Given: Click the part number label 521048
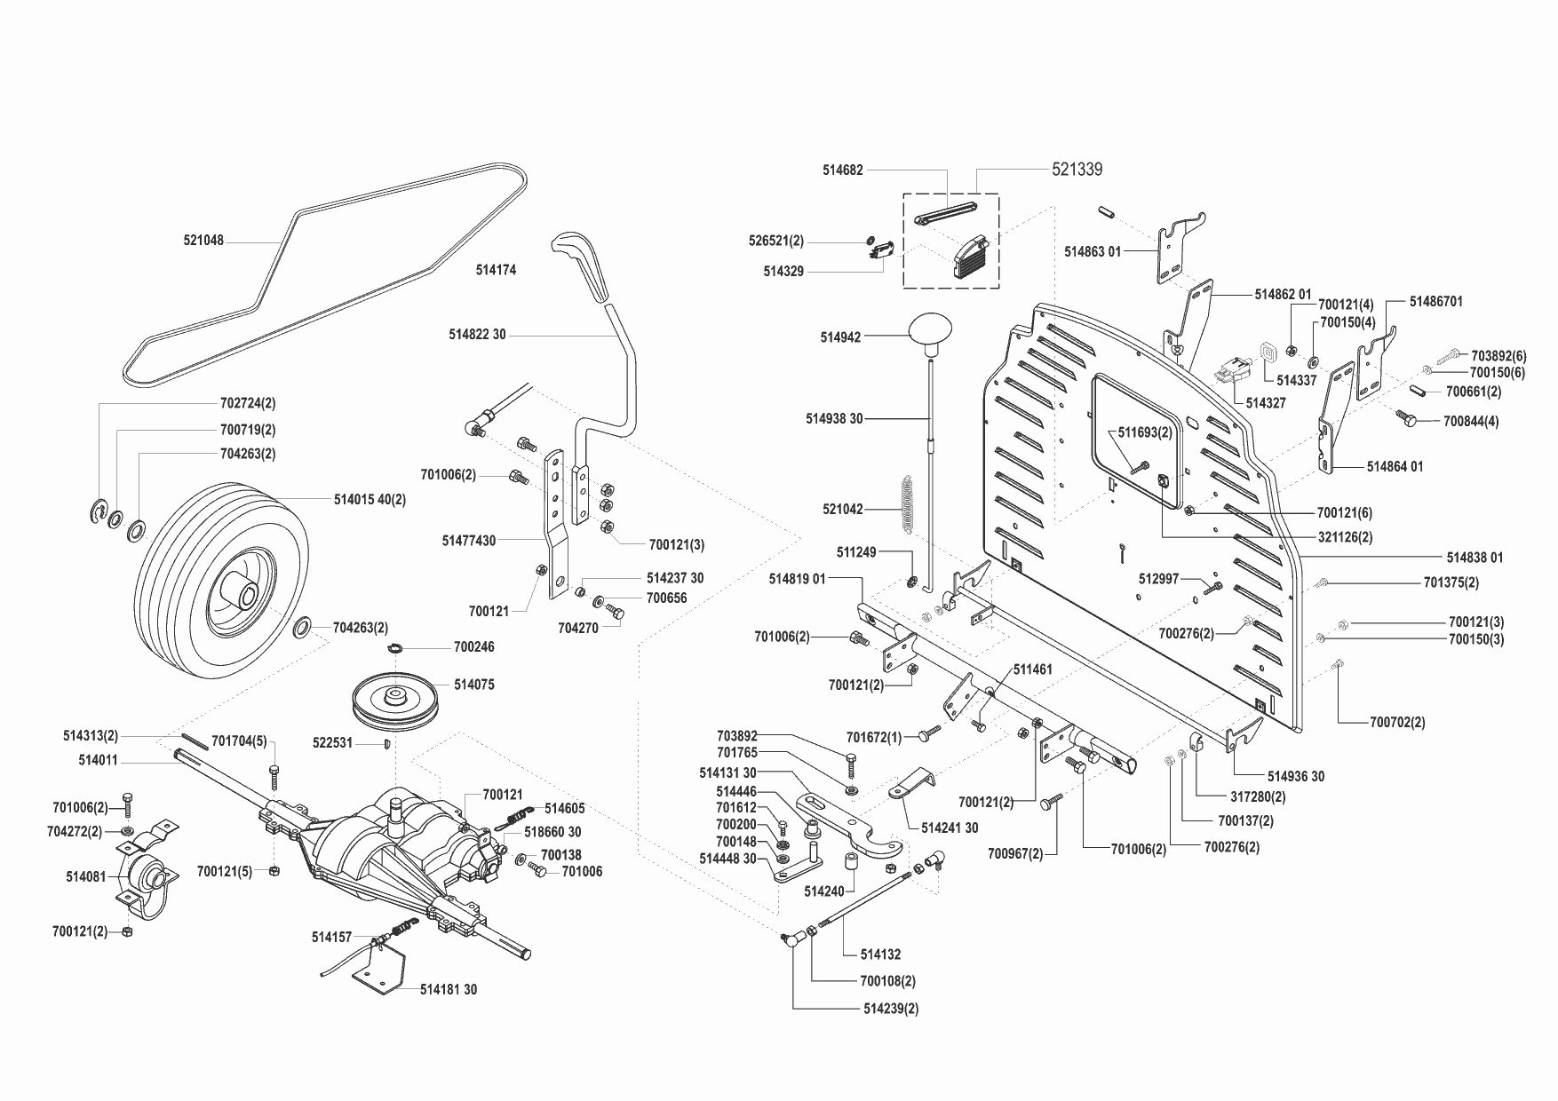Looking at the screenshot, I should pyautogui.click(x=203, y=241).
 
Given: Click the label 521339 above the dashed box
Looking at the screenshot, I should pyautogui.click(x=1077, y=170).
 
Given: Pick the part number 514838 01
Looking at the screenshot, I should pyautogui.click(x=1475, y=558).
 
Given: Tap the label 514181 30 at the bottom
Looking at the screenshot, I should pyautogui.click(x=449, y=989).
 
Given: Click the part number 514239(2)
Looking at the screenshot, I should pyautogui.click(x=891, y=1009).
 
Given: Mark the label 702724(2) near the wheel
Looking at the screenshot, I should pyautogui.click(x=248, y=403).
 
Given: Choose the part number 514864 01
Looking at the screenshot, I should pyautogui.click(x=1395, y=466).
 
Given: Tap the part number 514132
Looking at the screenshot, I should pyautogui.click(x=880, y=954).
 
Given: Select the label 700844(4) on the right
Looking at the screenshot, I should pyautogui.click(x=1471, y=422).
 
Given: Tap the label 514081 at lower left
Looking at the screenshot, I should pyautogui.click(x=85, y=876).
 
